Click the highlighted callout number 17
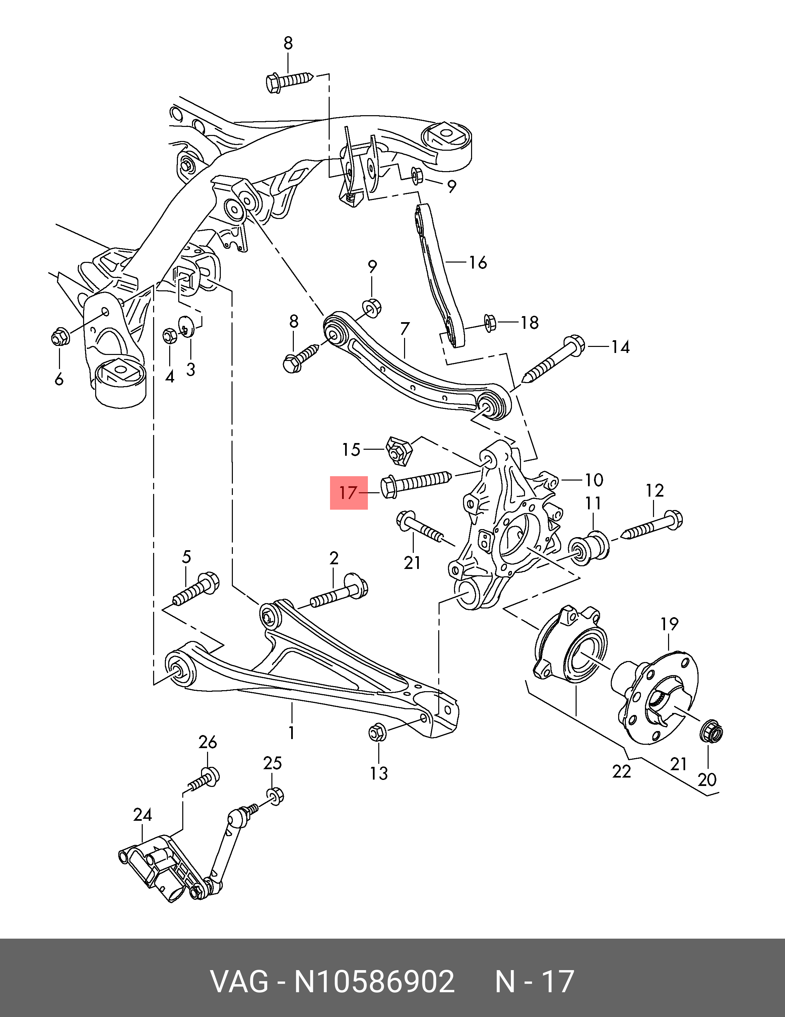348,493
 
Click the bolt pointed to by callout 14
554,361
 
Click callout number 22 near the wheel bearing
622,772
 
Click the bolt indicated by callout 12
652,525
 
